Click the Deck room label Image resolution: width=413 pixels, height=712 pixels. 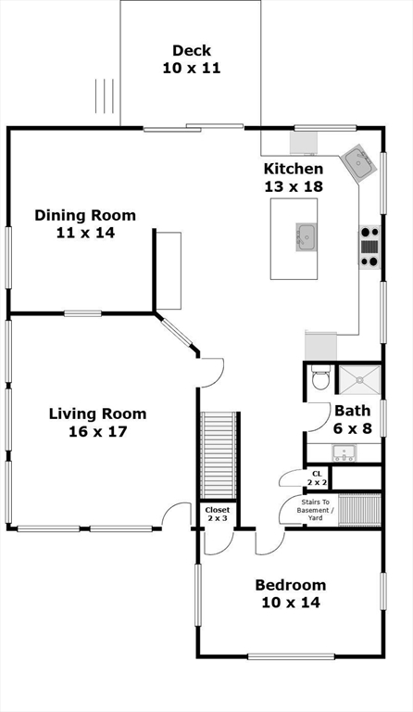[x=192, y=59]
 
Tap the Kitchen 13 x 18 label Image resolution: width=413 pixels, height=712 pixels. [x=294, y=178]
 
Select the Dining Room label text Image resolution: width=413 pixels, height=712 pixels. [x=85, y=223]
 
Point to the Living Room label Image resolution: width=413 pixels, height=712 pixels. [x=97, y=423]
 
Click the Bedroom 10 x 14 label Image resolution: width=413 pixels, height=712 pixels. [x=291, y=593]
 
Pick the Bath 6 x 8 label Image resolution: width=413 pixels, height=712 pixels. [x=352, y=420]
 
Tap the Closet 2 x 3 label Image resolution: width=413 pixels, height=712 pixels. [x=218, y=514]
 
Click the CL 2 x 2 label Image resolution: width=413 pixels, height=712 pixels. [x=317, y=478]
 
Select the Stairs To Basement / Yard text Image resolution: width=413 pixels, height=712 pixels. [x=315, y=510]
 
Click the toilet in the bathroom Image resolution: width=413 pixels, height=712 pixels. [x=321, y=378]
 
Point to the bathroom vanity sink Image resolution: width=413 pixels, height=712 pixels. [x=344, y=452]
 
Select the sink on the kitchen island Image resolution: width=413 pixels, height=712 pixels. [x=307, y=236]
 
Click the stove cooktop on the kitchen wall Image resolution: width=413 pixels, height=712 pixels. [x=369, y=247]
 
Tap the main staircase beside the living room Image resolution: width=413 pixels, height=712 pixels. [x=219, y=455]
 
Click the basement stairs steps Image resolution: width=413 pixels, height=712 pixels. [x=359, y=510]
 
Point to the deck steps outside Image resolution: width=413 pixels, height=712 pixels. [x=105, y=96]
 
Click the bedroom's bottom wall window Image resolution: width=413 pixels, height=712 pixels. [x=291, y=656]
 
